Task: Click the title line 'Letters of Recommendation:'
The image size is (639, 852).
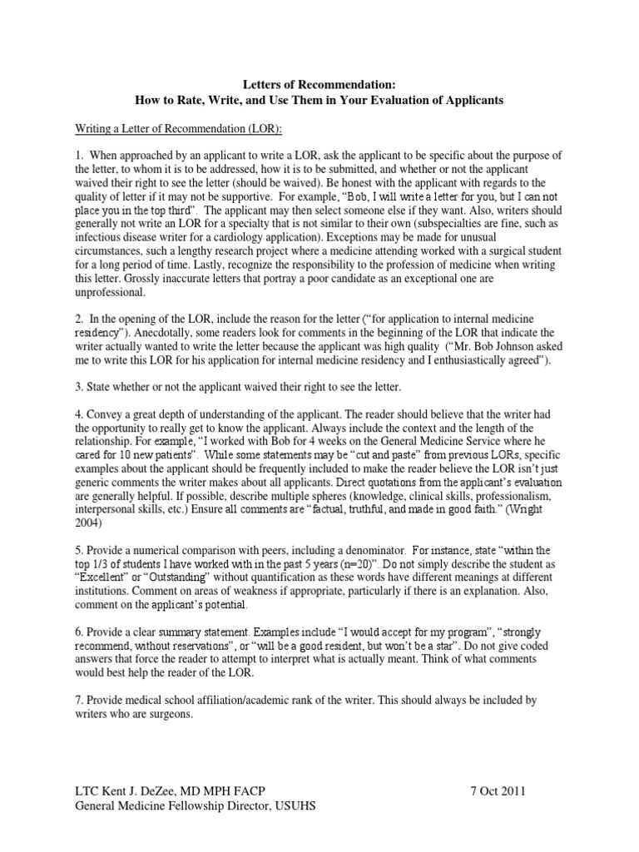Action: click(319, 85)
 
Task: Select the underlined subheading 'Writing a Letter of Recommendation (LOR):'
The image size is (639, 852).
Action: click(177, 128)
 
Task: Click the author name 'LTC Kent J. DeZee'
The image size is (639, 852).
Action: click(129, 790)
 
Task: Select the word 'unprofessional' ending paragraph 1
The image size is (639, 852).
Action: click(110, 293)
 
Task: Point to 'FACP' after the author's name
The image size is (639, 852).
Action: click(271, 790)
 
